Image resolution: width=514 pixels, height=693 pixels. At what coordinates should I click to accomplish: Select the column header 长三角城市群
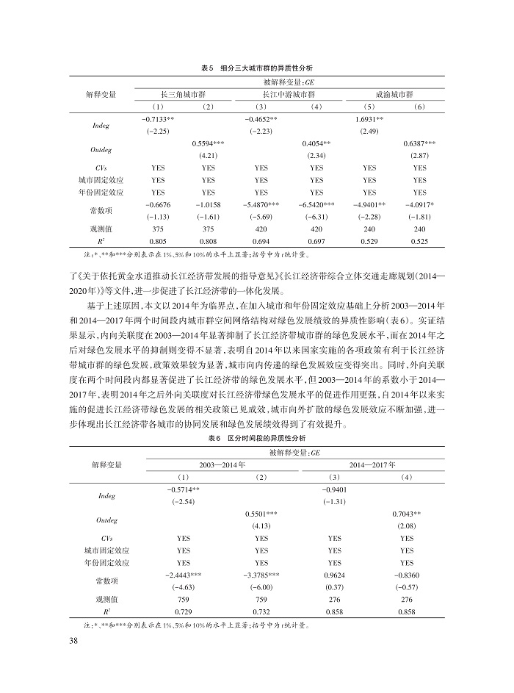(x=183, y=96)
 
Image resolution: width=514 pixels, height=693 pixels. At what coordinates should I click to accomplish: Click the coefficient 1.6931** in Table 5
(x=370, y=119)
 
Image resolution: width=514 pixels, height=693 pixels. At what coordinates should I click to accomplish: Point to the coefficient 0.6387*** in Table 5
(x=419, y=143)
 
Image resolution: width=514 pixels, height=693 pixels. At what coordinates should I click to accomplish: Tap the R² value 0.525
(x=419, y=240)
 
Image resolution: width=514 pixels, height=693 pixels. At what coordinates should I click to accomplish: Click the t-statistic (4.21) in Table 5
(x=209, y=156)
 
